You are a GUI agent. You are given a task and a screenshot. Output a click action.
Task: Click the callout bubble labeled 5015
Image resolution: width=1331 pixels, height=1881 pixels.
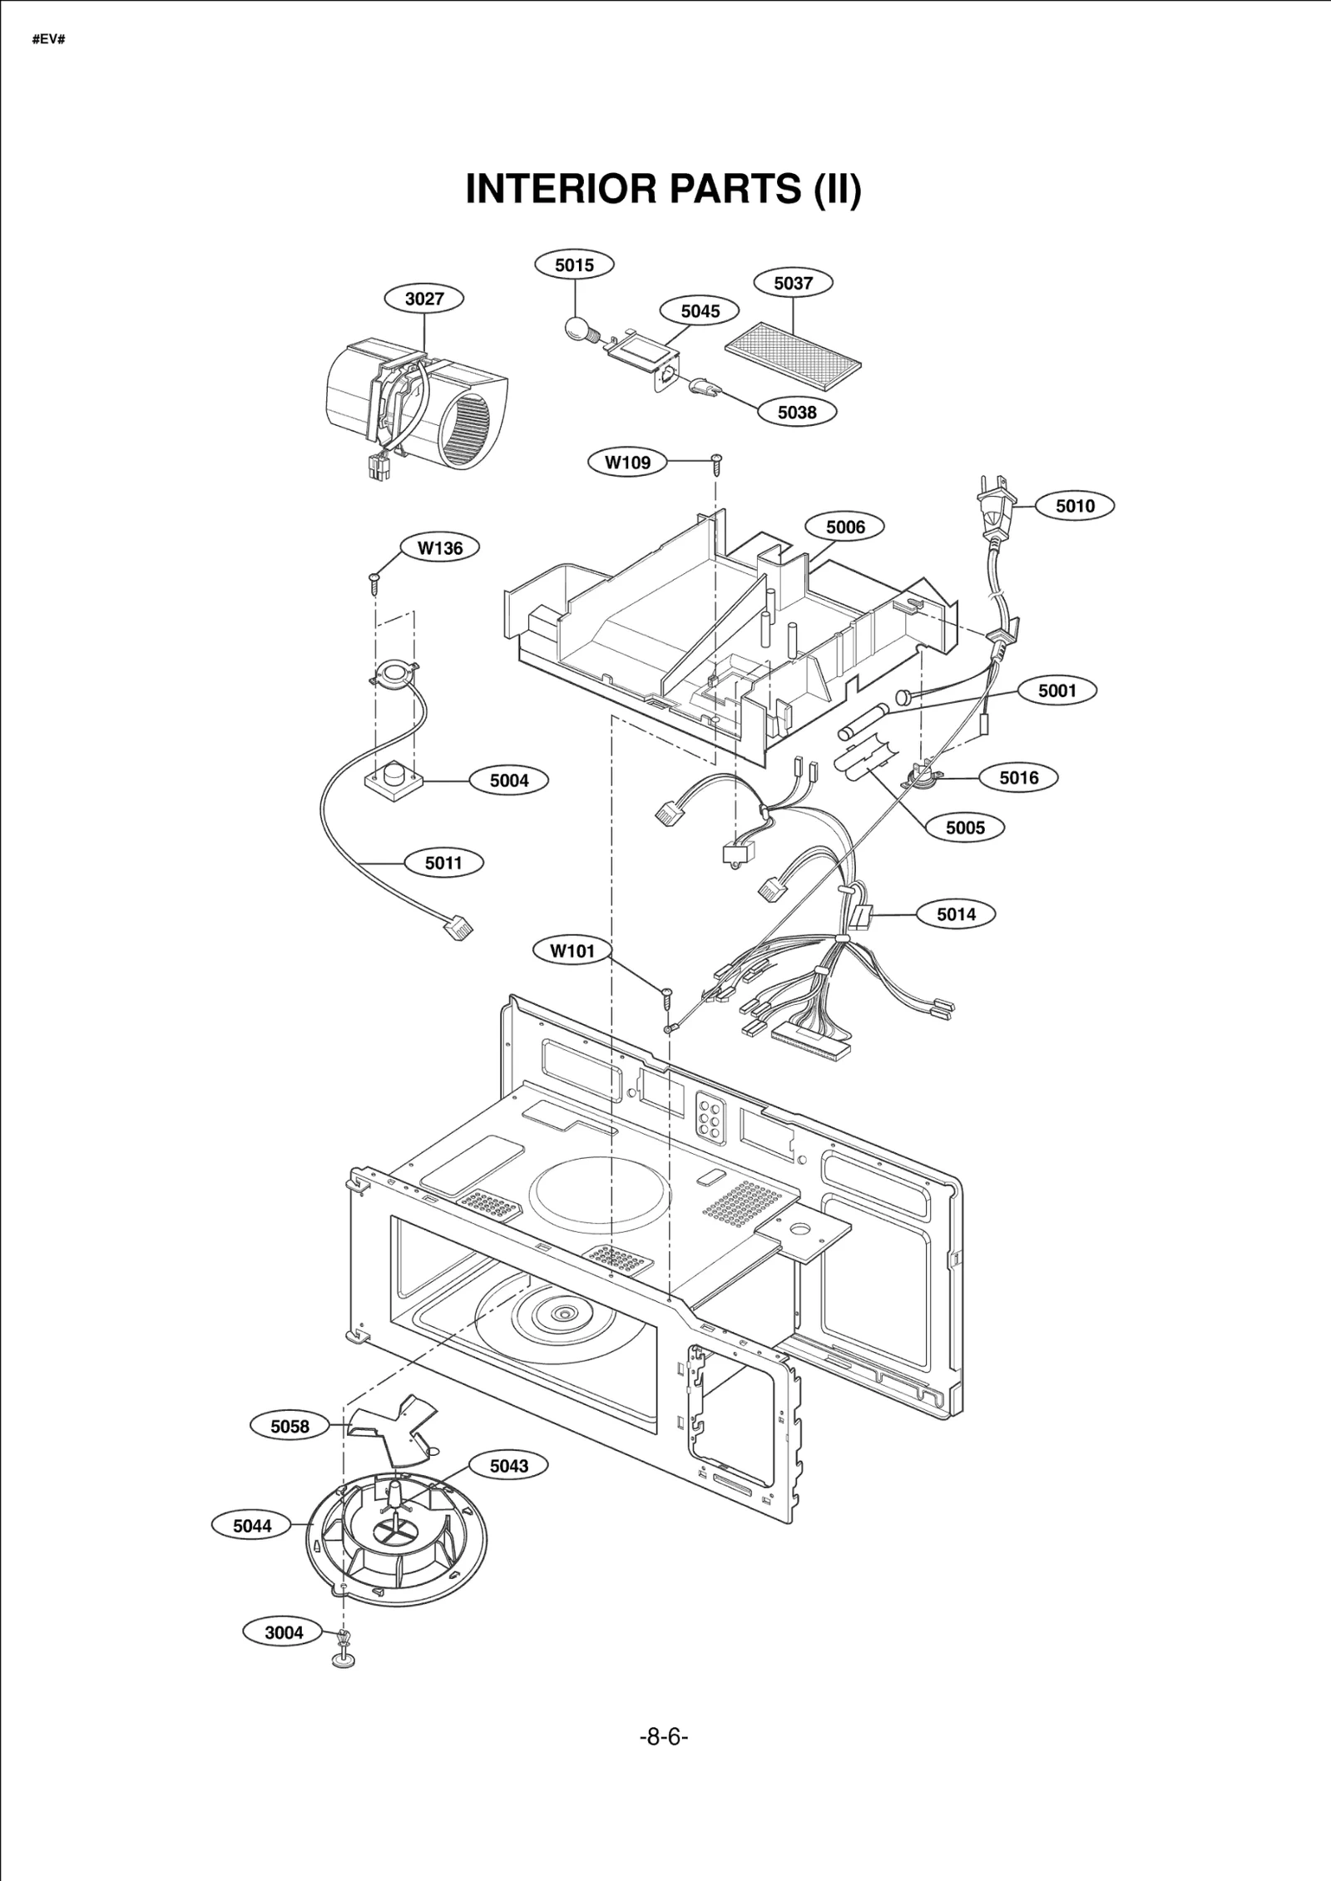(x=574, y=265)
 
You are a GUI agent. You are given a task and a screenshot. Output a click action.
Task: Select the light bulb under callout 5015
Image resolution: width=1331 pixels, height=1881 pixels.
(x=576, y=328)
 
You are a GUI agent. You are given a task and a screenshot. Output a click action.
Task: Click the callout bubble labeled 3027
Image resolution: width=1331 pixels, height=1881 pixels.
(x=424, y=299)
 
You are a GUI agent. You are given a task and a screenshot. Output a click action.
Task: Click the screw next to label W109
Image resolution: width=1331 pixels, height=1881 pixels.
(x=716, y=463)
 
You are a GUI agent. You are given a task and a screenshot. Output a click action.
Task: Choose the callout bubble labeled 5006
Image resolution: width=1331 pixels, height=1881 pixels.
(x=845, y=527)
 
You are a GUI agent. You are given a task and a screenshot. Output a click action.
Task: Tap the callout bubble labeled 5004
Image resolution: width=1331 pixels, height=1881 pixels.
(x=509, y=780)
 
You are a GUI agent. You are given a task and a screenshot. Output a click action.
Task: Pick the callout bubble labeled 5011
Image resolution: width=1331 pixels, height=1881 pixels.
(x=443, y=863)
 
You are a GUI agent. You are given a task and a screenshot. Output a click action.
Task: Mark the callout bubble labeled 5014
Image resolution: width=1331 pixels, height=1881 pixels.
(x=956, y=914)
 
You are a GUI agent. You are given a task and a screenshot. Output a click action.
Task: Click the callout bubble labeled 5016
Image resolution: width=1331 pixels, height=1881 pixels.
(x=1018, y=778)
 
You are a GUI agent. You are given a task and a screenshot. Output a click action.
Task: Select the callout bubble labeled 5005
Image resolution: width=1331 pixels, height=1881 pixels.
(x=965, y=828)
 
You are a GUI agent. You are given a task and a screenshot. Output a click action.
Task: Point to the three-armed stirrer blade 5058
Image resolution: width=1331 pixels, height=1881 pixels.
(x=391, y=1429)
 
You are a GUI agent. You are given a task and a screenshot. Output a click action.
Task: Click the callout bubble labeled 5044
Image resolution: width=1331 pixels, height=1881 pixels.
(x=252, y=1526)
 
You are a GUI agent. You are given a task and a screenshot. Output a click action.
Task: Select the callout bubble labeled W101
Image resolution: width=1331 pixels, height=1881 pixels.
(x=572, y=951)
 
